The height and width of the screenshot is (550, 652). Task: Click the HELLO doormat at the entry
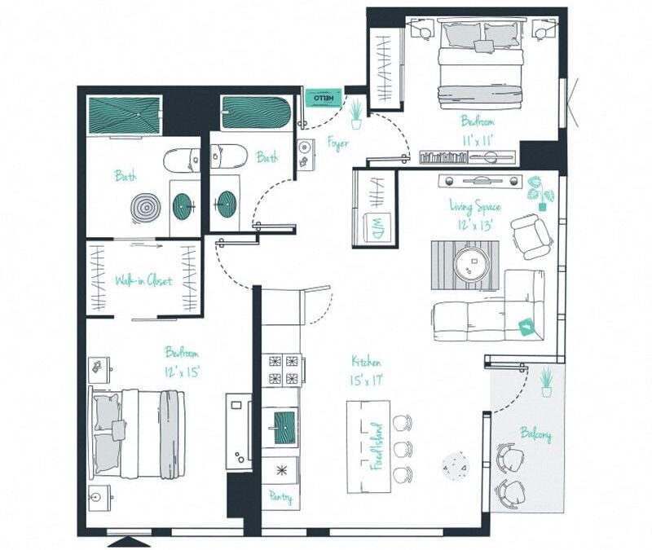click(x=323, y=97)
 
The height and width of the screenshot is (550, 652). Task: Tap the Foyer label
click(x=337, y=144)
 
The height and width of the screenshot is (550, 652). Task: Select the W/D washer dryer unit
click(x=381, y=226)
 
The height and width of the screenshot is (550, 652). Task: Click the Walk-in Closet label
click(x=143, y=280)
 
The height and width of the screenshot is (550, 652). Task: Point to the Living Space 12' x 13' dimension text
click(x=475, y=226)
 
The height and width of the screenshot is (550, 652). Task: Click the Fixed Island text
click(x=377, y=447)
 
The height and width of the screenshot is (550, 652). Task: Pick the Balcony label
click(x=535, y=434)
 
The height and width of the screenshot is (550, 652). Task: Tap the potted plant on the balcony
click(x=546, y=381)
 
